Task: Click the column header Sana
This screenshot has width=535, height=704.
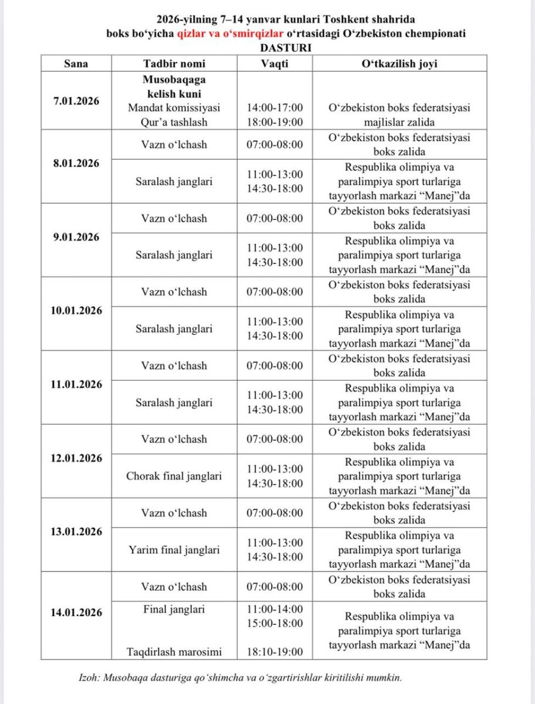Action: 76,63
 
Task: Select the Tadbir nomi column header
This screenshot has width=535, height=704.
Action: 174,63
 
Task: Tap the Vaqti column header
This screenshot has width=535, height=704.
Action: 275,63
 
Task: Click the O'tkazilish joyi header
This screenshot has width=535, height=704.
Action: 399,63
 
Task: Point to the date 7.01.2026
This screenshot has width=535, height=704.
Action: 76,100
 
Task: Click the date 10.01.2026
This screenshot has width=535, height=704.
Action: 76,310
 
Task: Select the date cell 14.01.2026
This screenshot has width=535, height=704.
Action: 76,612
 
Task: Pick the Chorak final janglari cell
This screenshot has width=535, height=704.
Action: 174,476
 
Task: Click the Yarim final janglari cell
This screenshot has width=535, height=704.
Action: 174,550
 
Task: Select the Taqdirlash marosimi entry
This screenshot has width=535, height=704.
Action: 174,651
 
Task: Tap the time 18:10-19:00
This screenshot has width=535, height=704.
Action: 275,651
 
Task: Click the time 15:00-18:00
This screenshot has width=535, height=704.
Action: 275,623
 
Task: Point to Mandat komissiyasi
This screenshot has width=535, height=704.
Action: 174,107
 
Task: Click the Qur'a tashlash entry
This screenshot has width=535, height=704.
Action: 174,122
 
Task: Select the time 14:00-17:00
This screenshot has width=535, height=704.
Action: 275,107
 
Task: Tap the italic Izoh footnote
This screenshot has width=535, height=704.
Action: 240,678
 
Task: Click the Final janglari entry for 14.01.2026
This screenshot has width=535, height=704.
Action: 174,609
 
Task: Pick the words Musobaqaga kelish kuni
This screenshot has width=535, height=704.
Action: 174,86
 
